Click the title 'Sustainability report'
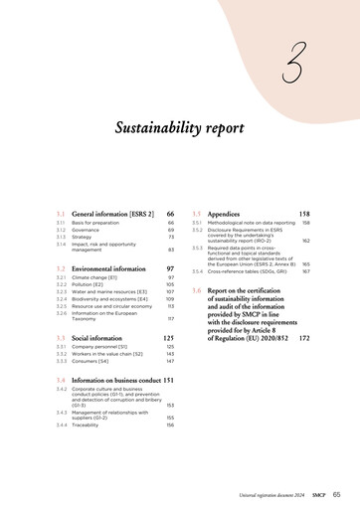(180, 128)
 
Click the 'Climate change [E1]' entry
(94, 278)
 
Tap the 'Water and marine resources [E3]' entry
(109, 291)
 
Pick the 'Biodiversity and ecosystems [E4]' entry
(110, 298)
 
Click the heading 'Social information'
(96, 339)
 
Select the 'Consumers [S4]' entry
(90, 362)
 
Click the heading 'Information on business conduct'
(116, 380)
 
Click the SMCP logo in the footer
(318, 494)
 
